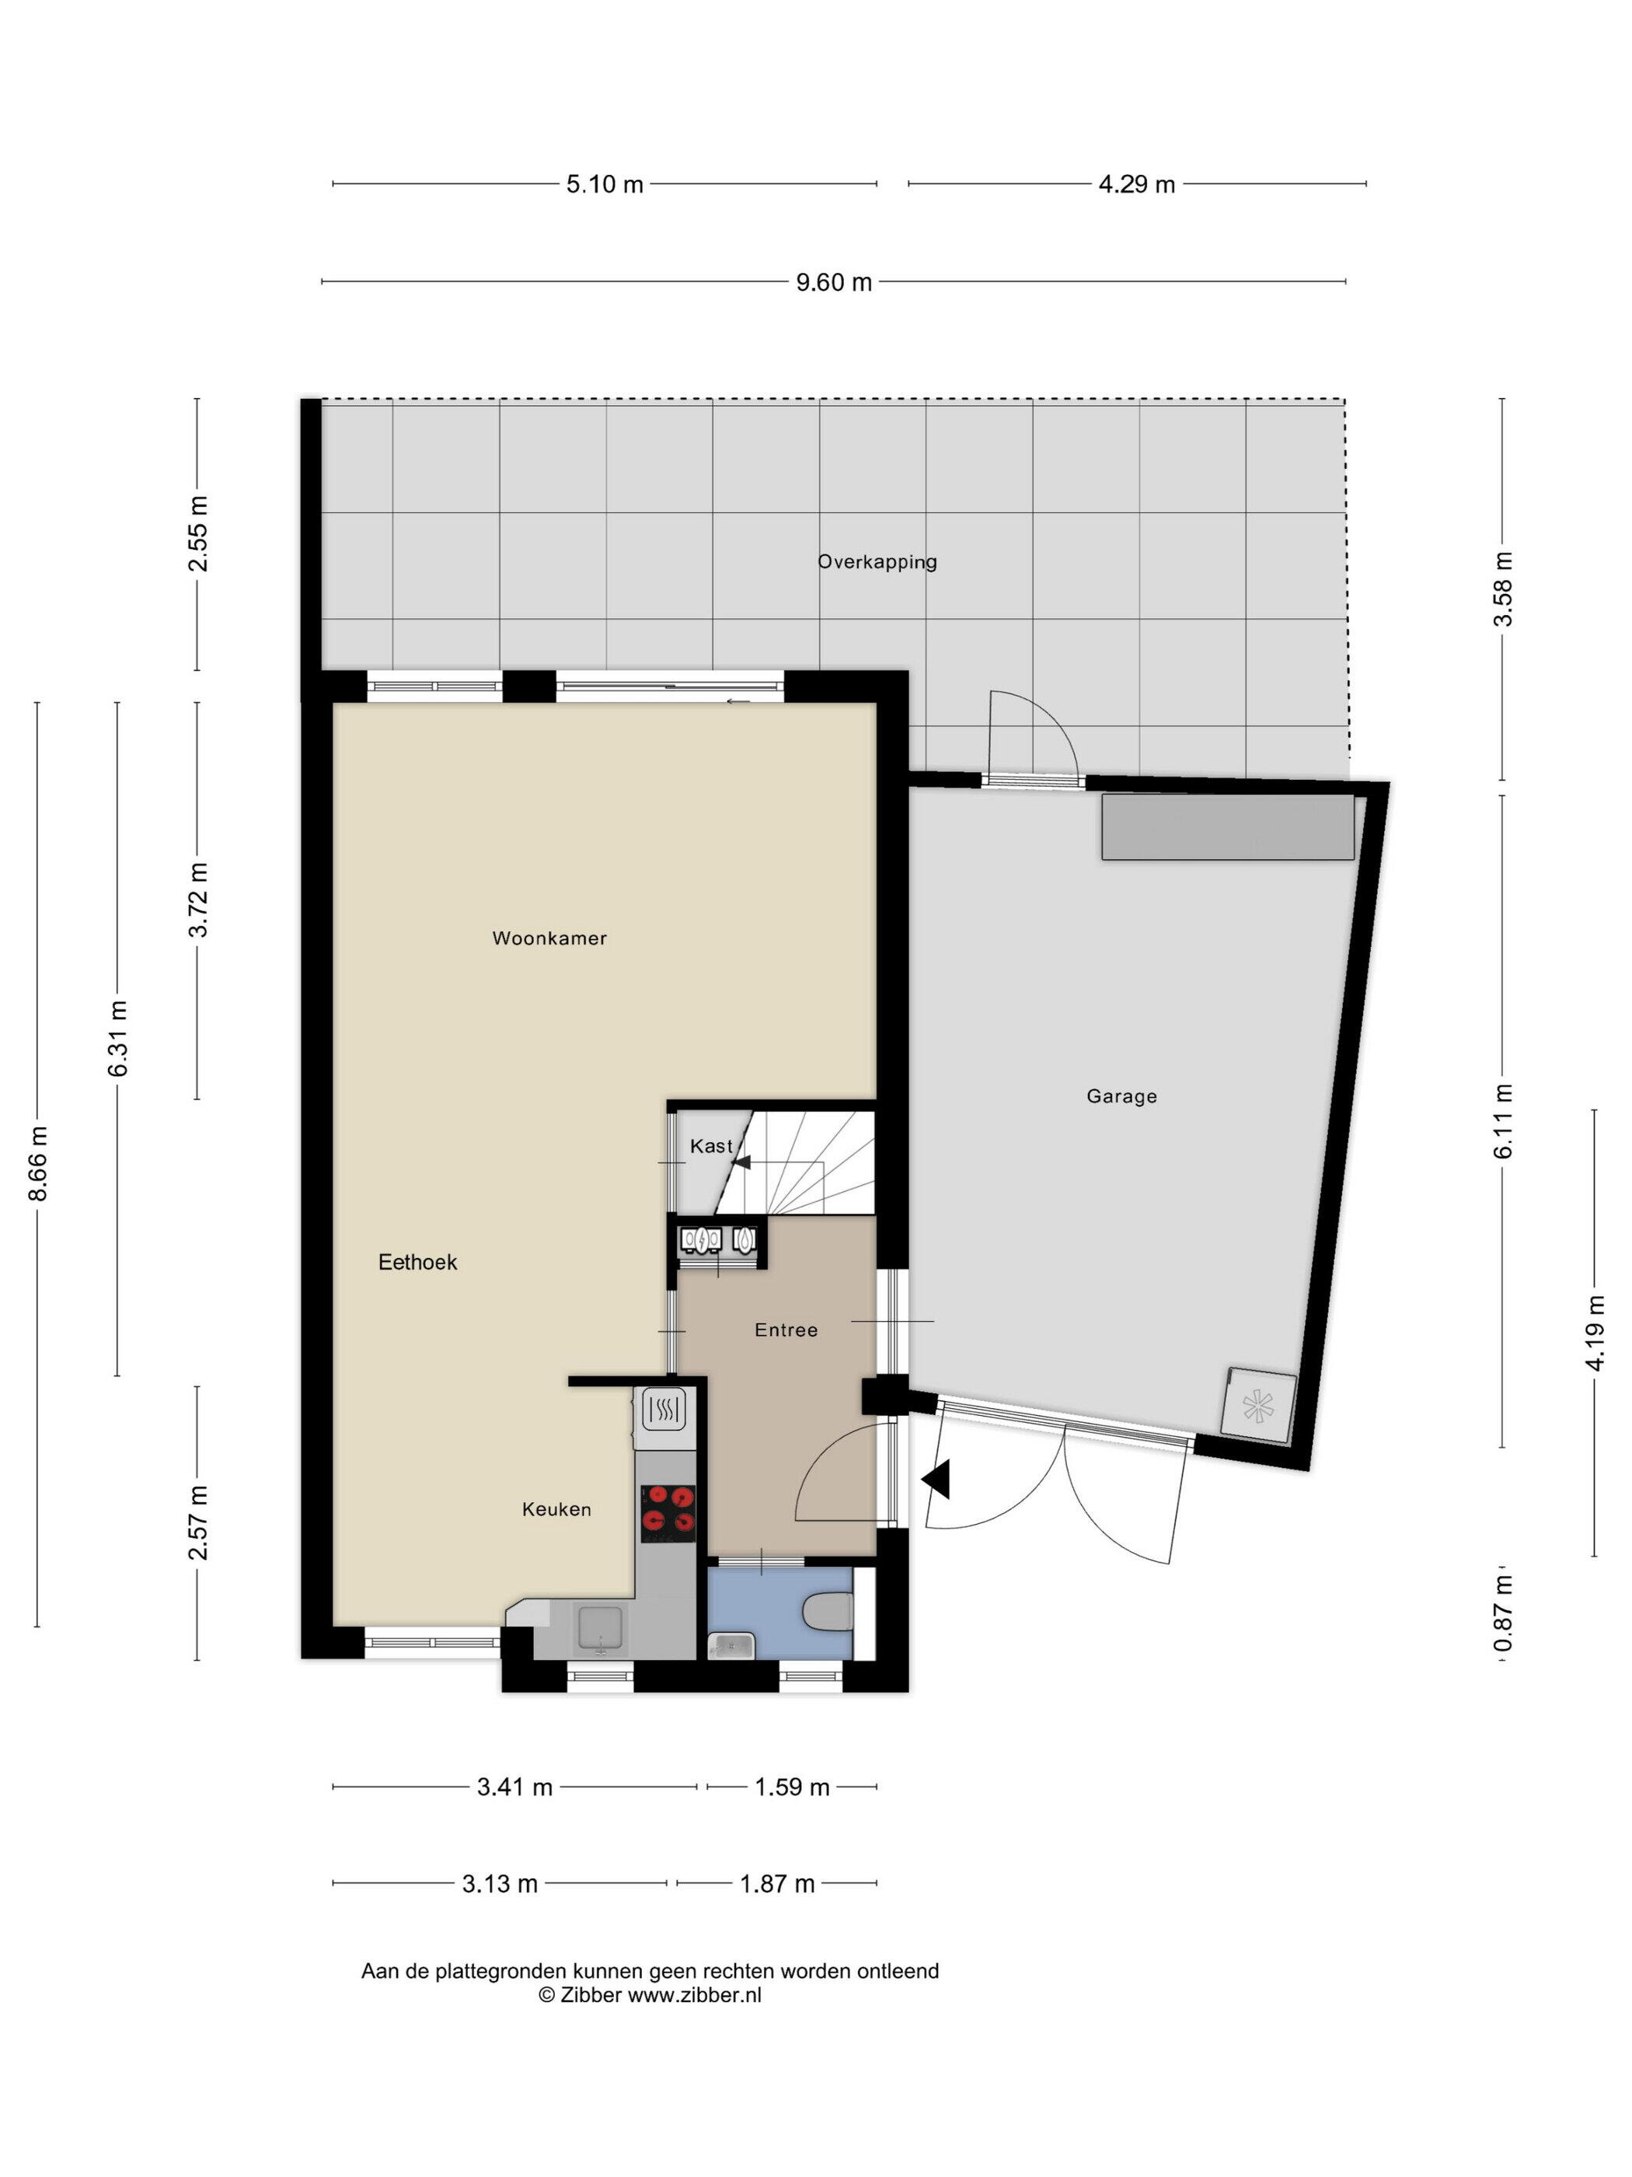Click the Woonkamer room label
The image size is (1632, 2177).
coord(549,938)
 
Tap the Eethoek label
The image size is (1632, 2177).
coord(417,1262)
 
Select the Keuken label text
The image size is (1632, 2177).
coord(556,1509)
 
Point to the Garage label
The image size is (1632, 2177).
coord(1121,1096)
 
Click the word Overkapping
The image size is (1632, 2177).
coord(877,562)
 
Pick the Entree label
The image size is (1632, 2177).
coord(786,1330)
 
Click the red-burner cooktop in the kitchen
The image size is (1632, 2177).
coord(668,1513)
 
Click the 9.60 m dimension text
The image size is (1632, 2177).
coord(834,282)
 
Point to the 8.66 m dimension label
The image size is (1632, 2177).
coord(38,1163)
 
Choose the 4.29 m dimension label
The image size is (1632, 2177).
coord(1136,184)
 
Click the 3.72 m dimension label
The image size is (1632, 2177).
coord(199,900)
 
